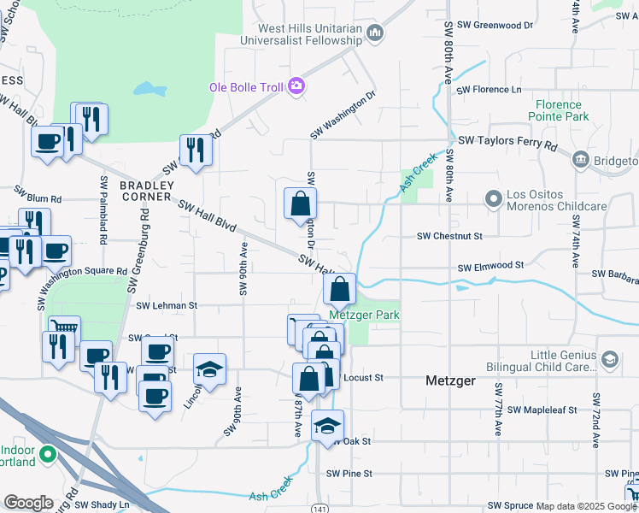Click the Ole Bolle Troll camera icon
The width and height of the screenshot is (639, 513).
296,85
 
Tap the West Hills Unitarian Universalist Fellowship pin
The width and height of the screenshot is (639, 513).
374,33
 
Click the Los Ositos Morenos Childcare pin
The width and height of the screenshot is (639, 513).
493,199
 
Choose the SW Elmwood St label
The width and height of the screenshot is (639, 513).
490,267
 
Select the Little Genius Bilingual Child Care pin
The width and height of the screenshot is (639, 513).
609,359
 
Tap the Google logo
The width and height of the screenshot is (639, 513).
27,503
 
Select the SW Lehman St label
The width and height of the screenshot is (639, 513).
167,305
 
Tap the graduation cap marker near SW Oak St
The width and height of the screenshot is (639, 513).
326,426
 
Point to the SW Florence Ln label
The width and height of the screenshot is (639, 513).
489,89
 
